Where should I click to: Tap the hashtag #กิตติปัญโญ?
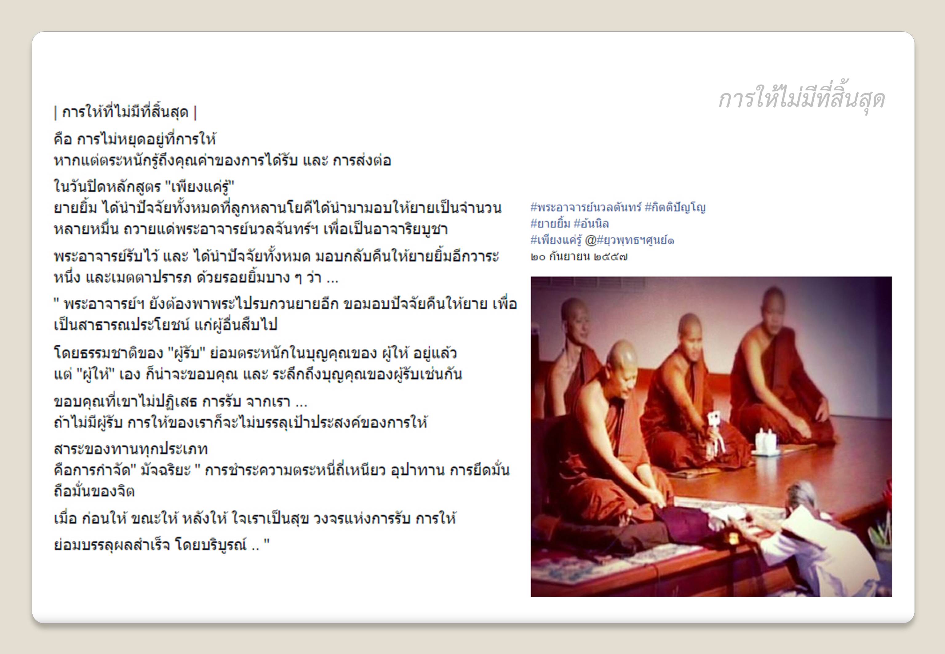[x=675, y=207]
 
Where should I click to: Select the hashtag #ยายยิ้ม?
[x=550, y=224]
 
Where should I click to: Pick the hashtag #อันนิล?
[x=591, y=224]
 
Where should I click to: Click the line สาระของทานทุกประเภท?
[x=131, y=450]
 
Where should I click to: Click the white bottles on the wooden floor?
[x=765, y=441]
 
